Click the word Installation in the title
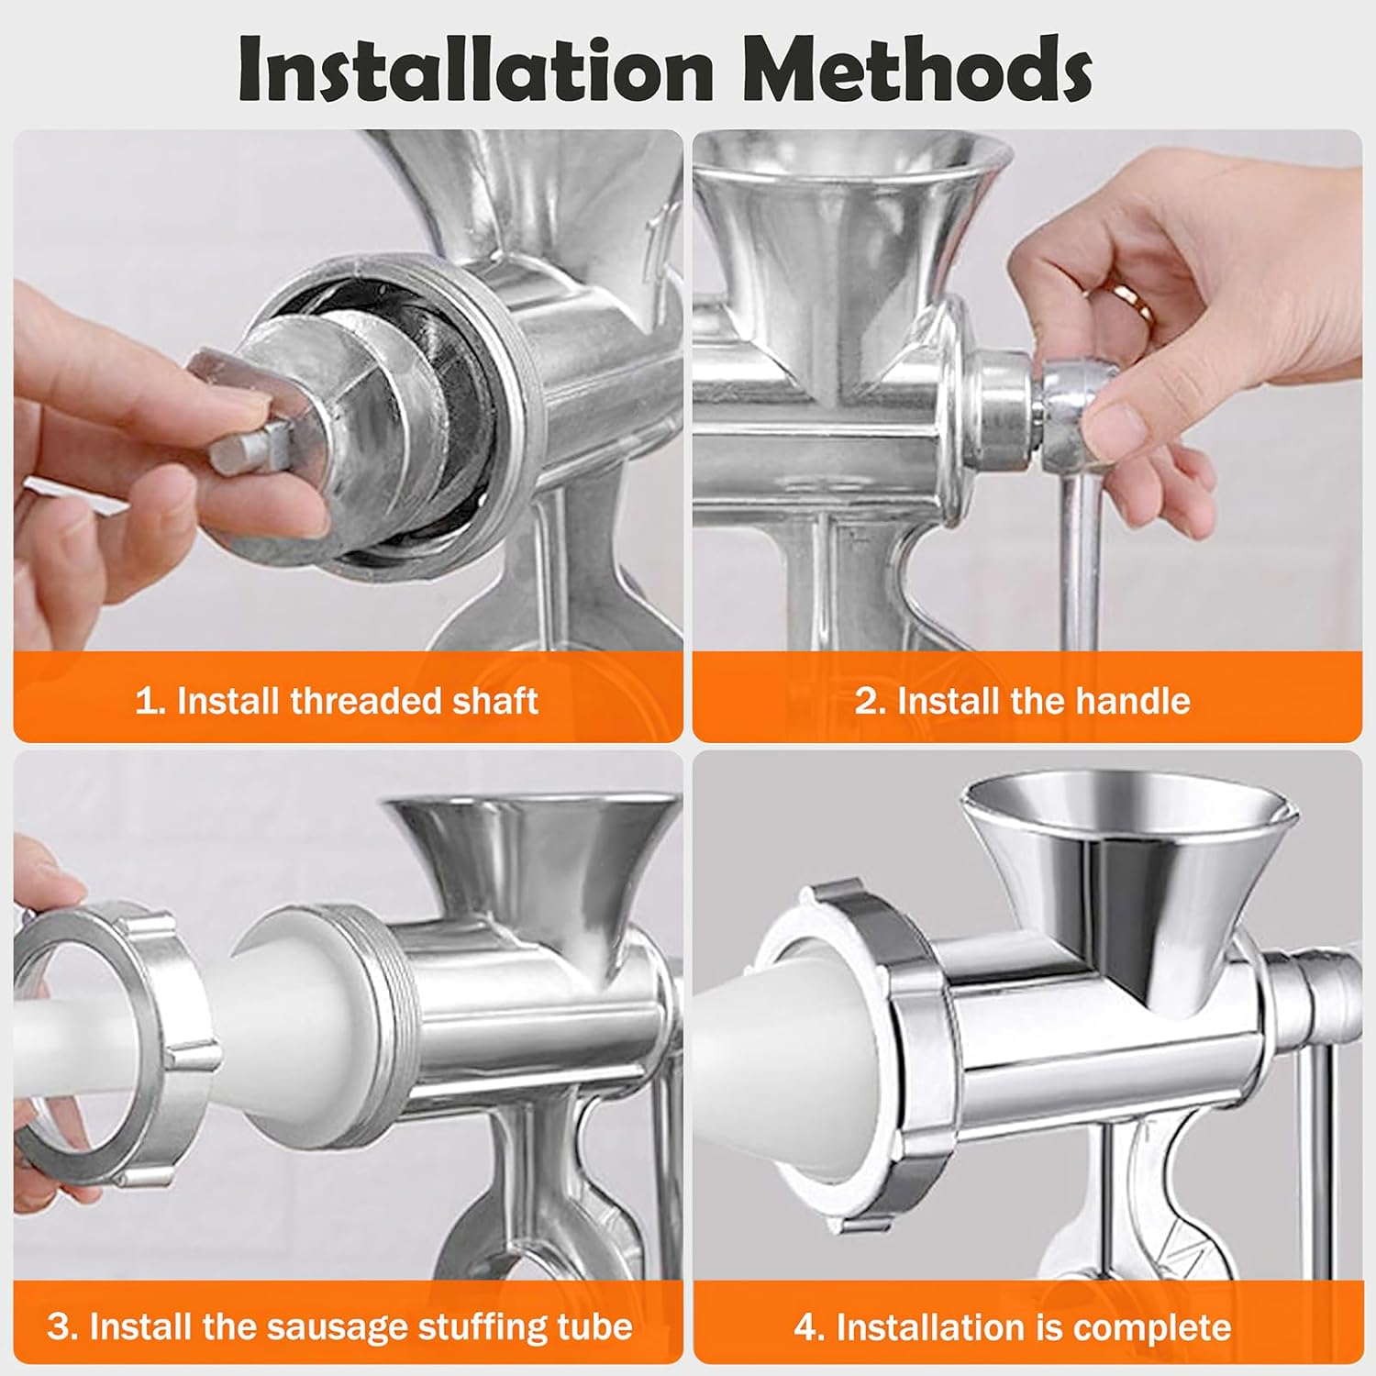tap(475, 70)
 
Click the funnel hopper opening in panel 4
tap(1127, 803)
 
